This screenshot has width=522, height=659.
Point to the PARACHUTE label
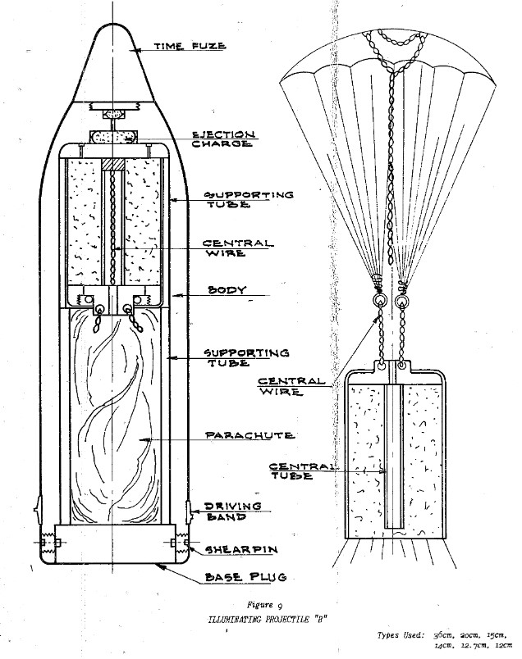pyautogui.click(x=240, y=435)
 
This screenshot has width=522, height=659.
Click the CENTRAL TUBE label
pyautogui.click(x=304, y=472)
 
